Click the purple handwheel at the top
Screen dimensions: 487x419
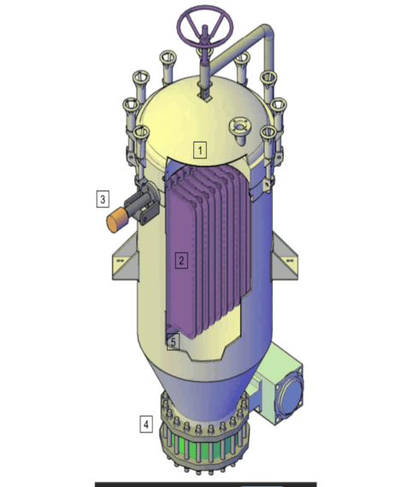coord(204,32)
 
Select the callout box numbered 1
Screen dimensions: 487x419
coord(200,150)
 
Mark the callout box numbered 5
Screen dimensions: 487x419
coord(173,342)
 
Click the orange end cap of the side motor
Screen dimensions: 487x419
coord(114,222)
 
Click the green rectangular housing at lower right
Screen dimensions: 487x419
coord(278,380)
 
